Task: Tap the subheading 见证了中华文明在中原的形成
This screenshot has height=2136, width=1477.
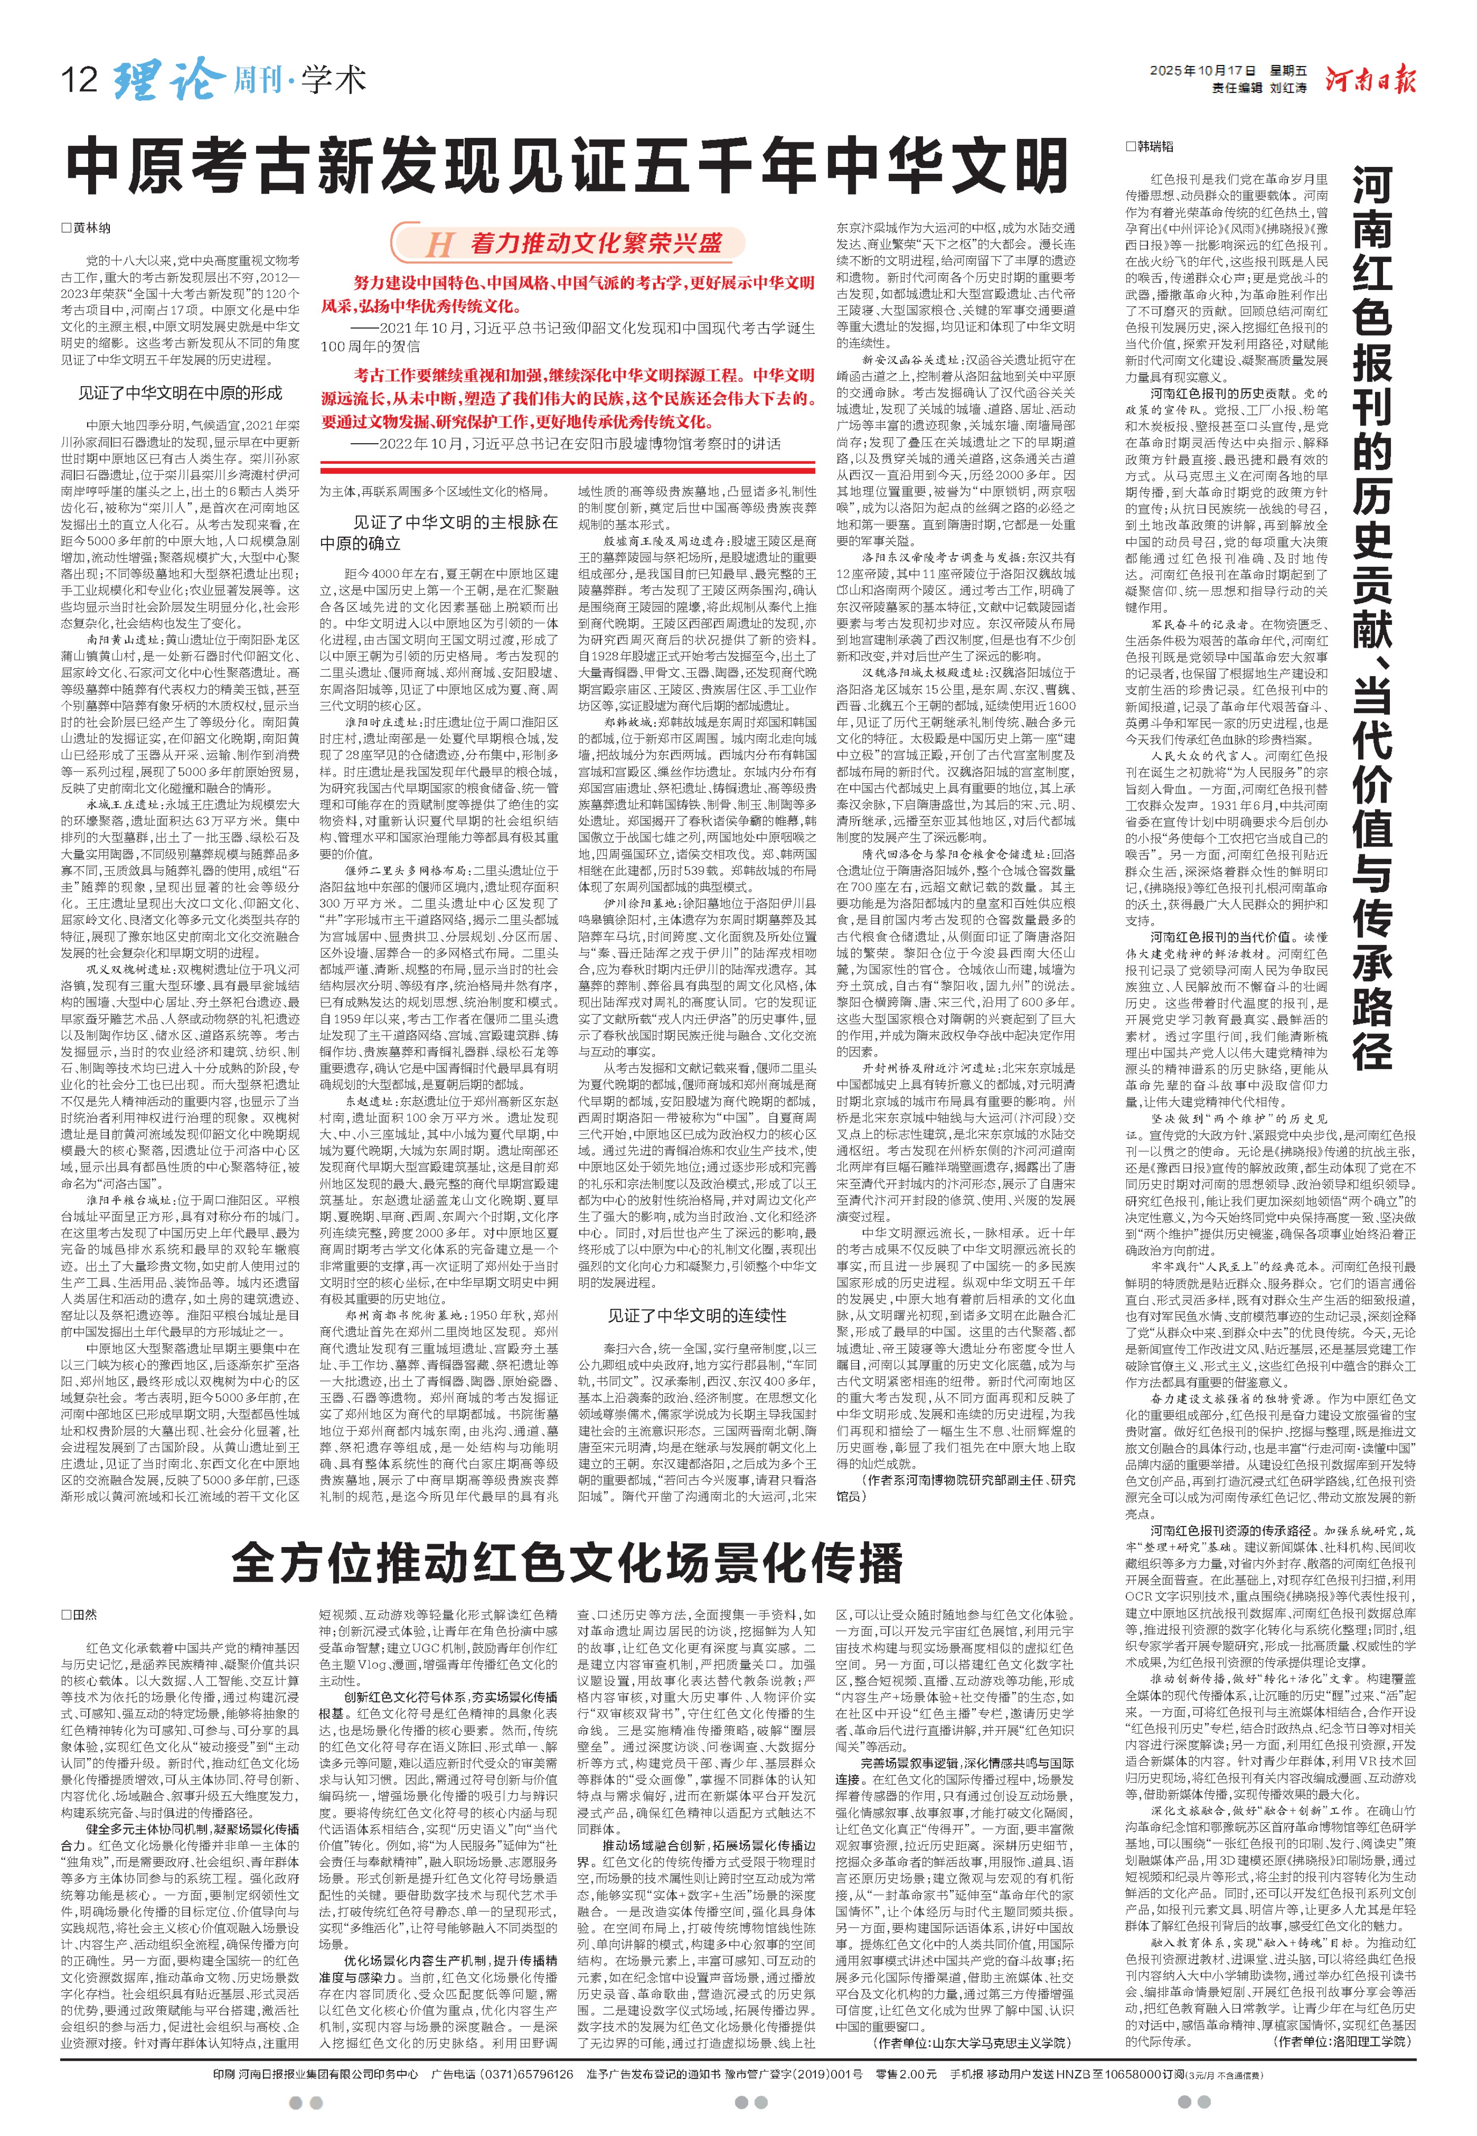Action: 181,392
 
